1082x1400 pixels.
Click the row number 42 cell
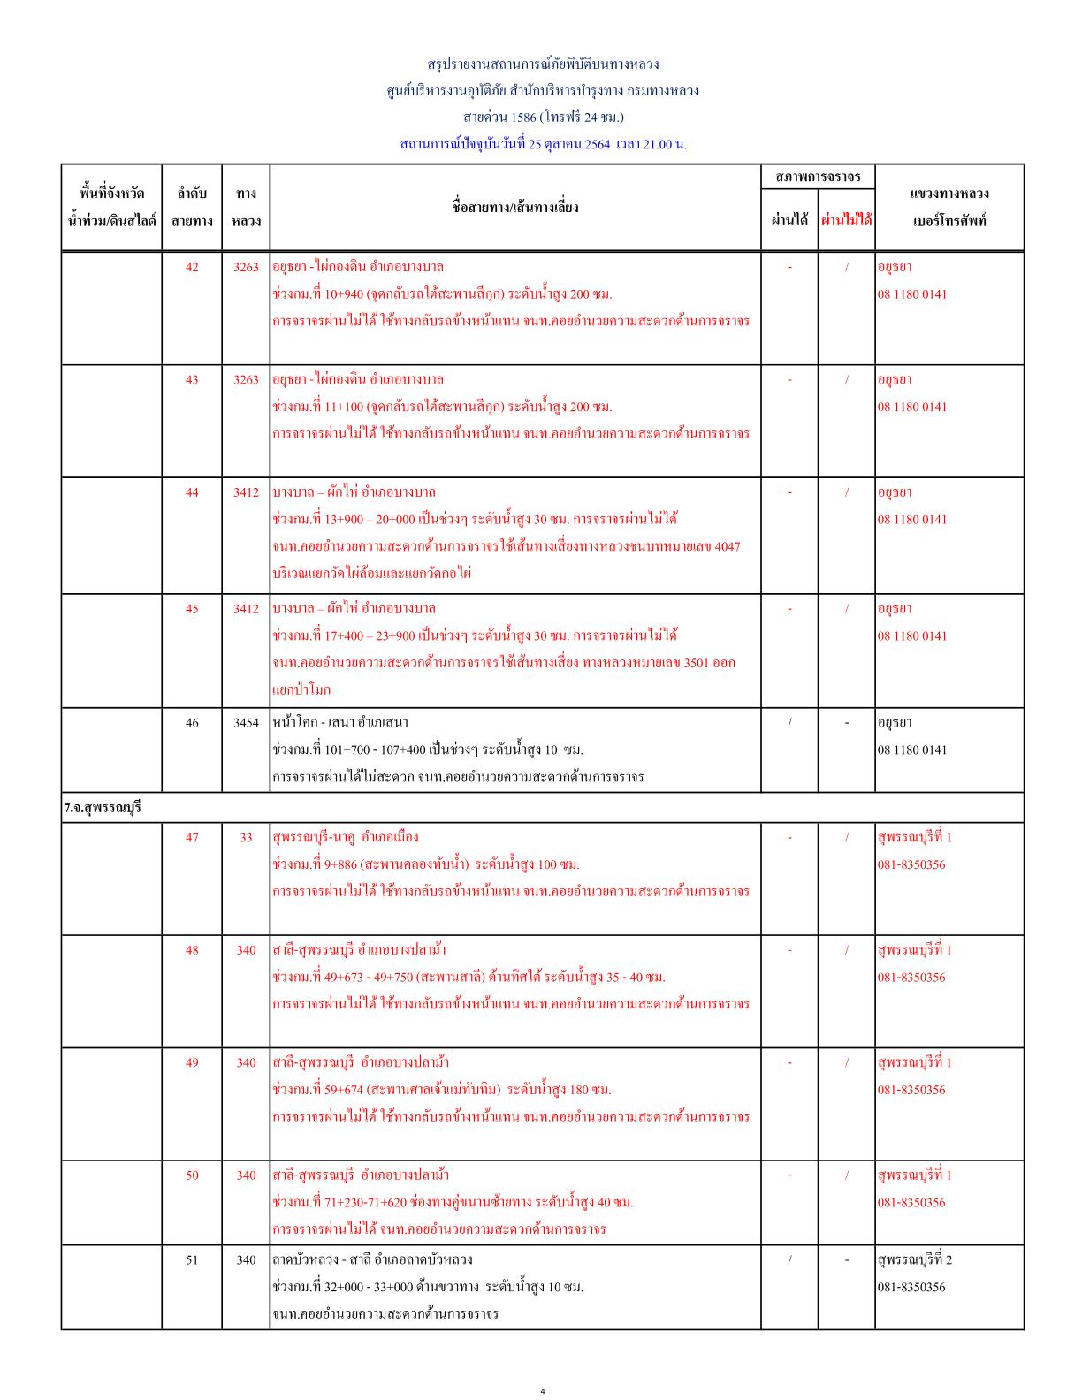192,267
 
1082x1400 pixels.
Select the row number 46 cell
192,723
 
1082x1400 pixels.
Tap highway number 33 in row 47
246,837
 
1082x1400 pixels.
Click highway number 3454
246,723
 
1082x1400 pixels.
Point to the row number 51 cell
192,1259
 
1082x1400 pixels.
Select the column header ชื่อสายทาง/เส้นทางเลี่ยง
514,207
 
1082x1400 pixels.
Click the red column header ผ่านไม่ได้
846,220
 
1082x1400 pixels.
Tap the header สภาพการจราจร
818,178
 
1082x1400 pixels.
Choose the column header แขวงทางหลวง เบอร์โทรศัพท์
949,207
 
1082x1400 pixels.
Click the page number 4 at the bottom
543,1390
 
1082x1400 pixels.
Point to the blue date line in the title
543,144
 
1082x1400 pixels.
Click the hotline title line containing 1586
543,117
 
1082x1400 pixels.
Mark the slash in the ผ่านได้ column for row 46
789,723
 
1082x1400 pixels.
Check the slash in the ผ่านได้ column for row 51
789,1259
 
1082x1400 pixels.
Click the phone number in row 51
911,1287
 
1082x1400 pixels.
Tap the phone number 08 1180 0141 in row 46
911,749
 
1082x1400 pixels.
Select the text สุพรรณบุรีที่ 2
915,1259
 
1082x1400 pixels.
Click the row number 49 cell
192,1062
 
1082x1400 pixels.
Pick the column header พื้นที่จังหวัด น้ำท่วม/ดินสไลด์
111,207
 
